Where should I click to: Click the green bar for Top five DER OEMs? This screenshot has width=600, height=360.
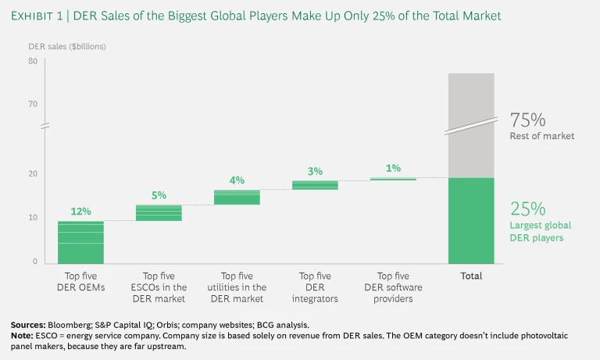click(x=80, y=242)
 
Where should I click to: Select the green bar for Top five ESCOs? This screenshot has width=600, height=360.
click(x=159, y=212)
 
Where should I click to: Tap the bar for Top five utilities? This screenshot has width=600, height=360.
click(x=237, y=197)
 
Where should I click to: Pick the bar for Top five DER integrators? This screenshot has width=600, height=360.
click(x=315, y=185)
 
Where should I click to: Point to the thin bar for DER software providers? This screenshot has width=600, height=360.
click(x=393, y=179)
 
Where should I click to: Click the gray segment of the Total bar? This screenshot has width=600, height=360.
click(x=471, y=125)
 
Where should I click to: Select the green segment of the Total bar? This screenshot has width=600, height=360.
click(x=471, y=220)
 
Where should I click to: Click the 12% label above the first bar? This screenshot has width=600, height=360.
click(x=80, y=211)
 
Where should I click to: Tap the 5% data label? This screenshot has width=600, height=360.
click(x=159, y=195)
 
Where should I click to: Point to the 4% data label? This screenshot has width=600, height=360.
click(x=237, y=180)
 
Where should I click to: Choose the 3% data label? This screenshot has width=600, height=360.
click(x=315, y=171)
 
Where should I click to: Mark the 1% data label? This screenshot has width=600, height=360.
click(x=393, y=168)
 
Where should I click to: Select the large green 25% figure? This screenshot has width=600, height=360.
click(x=527, y=209)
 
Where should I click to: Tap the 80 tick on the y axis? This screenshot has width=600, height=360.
click(x=33, y=61)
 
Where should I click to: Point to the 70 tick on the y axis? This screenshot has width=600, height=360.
click(x=33, y=104)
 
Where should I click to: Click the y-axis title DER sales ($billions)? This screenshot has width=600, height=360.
click(x=67, y=46)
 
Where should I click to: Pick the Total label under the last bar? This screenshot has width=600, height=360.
click(x=471, y=276)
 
